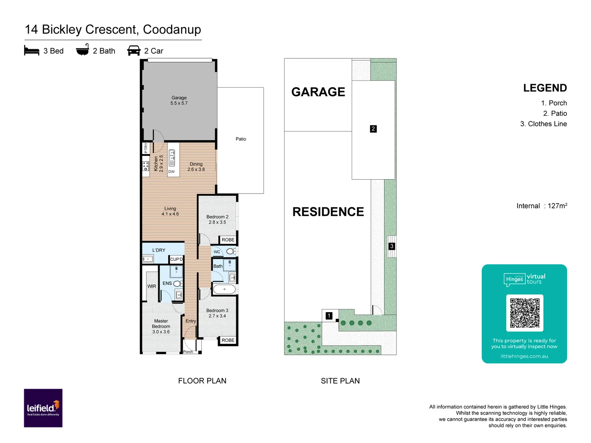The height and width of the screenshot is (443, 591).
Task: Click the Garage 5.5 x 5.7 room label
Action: click(x=179, y=100)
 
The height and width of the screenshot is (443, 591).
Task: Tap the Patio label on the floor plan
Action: click(x=241, y=139)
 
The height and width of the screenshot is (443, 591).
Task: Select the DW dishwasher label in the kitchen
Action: click(x=172, y=172)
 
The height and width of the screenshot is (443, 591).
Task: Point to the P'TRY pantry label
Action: click(x=146, y=148)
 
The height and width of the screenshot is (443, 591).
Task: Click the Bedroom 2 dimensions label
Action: click(x=217, y=219)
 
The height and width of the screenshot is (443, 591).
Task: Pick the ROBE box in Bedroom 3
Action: click(x=228, y=340)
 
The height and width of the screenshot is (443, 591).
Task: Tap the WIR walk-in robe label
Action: click(x=152, y=286)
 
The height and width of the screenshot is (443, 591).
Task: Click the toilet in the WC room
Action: click(x=230, y=251)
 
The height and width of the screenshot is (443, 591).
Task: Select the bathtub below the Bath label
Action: click(x=224, y=290)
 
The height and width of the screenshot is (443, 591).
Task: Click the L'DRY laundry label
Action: click(x=159, y=250)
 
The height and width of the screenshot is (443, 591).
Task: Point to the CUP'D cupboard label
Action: click(x=176, y=259)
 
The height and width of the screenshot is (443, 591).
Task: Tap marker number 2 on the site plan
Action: click(x=373, y=129)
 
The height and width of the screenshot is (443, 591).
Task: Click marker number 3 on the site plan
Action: click(x=392, y=246)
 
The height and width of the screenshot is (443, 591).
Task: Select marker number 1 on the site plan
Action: click(x=329, y=316)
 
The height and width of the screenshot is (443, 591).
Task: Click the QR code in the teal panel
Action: click(x=525, y=313)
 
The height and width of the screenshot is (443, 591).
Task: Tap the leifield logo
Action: click(x=43, y=408)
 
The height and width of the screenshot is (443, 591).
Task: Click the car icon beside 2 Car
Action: click(x=134, y=51)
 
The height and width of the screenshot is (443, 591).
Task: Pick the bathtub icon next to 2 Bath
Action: click(x=82, y=50)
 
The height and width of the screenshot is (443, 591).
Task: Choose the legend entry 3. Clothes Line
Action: click(x=543, y=124)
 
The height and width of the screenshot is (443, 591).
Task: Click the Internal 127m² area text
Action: click(x=542, y=206)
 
